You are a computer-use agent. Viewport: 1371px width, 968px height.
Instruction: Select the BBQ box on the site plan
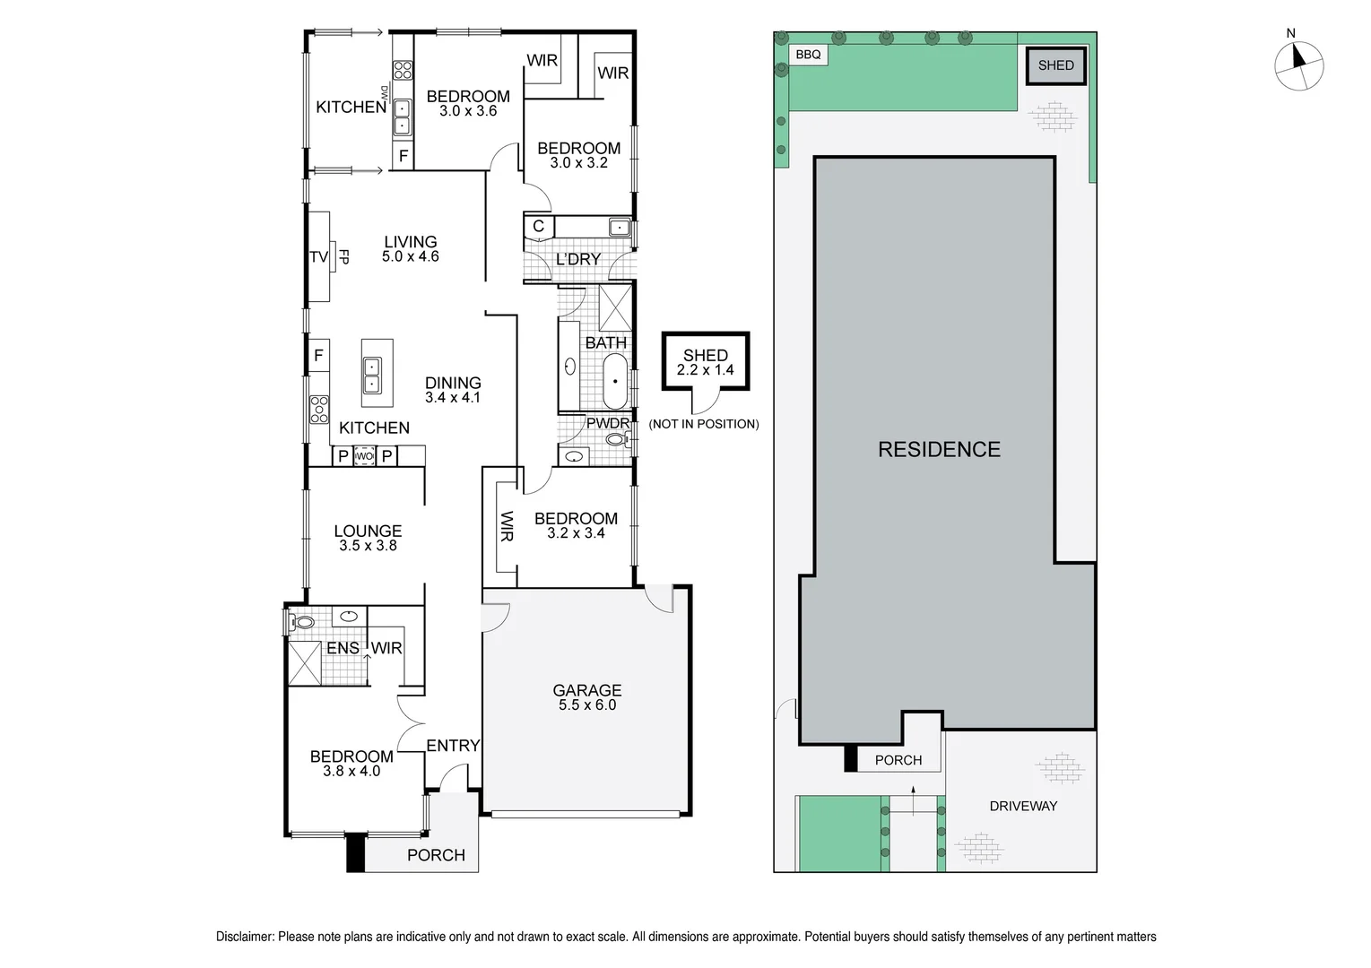tap(808, 56)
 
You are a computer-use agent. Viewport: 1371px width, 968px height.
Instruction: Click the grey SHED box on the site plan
tap(1055, 65)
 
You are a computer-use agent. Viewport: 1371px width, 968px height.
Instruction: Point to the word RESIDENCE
tap(939, 449)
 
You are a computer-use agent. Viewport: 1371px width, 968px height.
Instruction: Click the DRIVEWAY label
tap(1023, 806)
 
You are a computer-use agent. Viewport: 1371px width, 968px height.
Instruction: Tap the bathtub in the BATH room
tap(615, 382)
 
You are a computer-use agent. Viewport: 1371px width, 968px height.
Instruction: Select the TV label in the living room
tap(318, 257)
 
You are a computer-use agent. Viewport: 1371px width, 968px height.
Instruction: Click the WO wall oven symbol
tap(364, 456)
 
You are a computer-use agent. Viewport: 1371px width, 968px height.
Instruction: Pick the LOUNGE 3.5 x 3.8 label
tap(368, 537)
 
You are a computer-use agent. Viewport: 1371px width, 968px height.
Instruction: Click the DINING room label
tap(453, 383)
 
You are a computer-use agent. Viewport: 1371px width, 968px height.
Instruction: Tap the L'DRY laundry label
tap(577, 259)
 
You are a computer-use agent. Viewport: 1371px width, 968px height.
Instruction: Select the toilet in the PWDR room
tap(616, 439)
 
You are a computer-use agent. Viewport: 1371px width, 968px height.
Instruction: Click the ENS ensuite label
tap(343, 647)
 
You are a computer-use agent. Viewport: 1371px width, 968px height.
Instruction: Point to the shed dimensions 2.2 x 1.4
tap(705, 369)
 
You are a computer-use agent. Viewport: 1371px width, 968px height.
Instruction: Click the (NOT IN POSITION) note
tap(704, 424)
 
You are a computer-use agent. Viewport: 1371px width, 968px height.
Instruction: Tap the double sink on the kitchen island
tap(371, 376)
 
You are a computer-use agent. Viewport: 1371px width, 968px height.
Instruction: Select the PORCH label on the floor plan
tap(436, 855)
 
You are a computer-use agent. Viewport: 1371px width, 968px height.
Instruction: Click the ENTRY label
tap(453, 745)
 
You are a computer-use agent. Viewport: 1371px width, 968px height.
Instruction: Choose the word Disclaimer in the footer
tap(245, 937)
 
